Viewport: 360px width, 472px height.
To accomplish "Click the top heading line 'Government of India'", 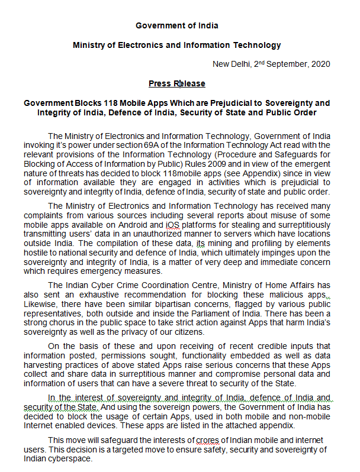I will click(176, 25).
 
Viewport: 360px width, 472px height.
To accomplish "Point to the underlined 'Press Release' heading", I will click(177, 83).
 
